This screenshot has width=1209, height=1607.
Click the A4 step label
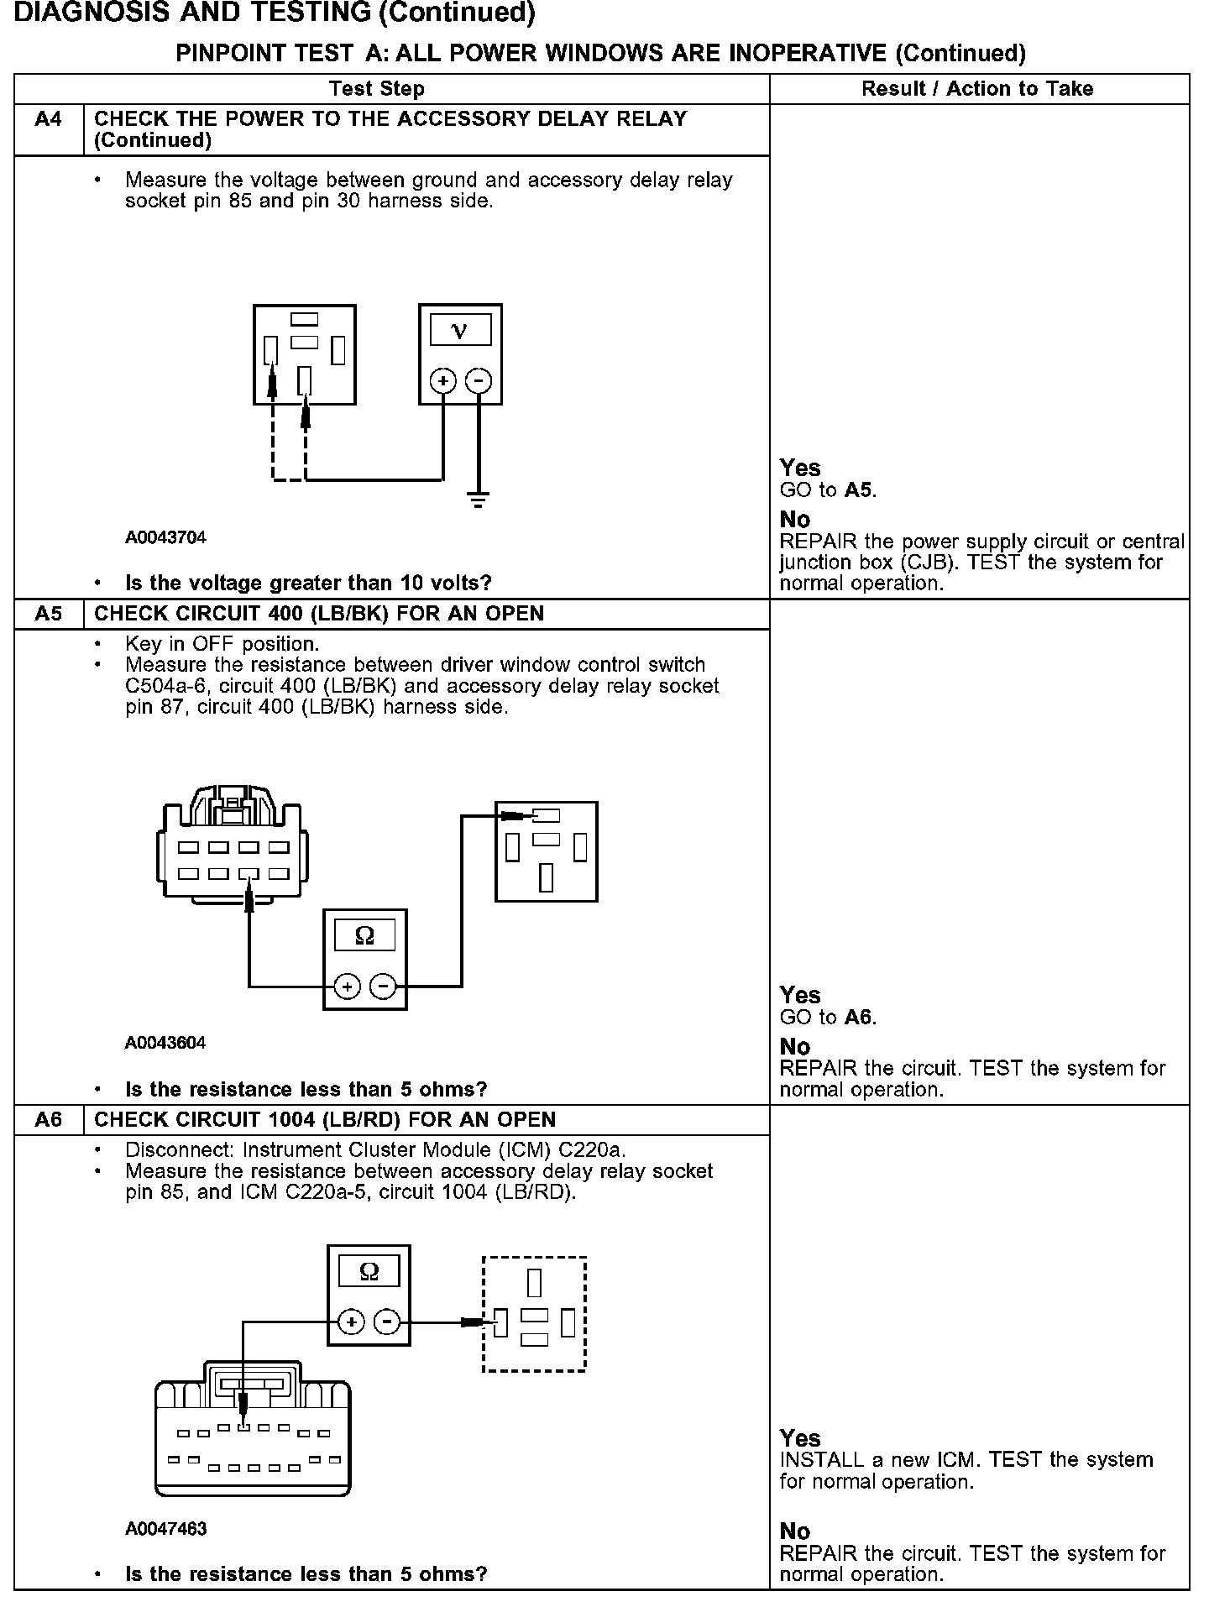(49, 119)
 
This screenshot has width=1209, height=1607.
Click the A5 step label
(49, 614)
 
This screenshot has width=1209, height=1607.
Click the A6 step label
(49, 1120)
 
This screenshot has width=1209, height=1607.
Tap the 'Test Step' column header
(377, 89)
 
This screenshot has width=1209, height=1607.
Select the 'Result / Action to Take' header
(977, 89)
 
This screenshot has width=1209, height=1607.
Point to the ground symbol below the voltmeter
(479, 502)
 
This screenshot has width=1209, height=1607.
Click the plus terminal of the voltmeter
(443, 381)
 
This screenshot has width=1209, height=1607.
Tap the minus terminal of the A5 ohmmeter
(383, 985)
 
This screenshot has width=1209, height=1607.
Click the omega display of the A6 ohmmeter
(369, 1272)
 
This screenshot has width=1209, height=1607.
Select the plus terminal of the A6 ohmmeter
(351, 1322)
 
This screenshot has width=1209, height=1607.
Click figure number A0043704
(165, 537)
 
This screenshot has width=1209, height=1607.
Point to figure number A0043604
(165, 1043)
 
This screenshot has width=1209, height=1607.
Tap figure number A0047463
(165, 1529)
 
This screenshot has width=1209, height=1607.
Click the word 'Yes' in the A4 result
(799, 468)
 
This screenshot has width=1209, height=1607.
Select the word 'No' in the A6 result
(794, 1531)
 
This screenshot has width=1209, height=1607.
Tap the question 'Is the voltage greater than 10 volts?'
(308, 583)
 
